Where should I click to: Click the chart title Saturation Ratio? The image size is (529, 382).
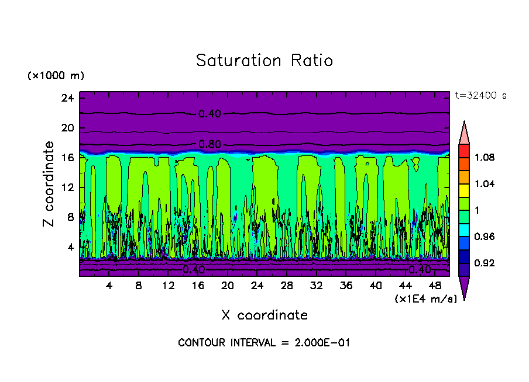click(264, 61)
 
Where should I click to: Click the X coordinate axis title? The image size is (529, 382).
click(264, 315)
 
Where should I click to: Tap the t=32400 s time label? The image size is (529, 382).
click(481, 96)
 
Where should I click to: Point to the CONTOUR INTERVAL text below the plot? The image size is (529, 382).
click(264, 343)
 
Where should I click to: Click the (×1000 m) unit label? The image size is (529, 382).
click(56, 76)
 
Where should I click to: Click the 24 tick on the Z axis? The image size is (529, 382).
click(67, 98)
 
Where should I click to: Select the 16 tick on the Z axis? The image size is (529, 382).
click(67, 158)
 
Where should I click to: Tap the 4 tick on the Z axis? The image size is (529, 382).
click(70, 247)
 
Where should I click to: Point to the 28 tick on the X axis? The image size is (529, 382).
click(287, 286)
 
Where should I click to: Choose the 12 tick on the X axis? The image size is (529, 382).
click(169, 286)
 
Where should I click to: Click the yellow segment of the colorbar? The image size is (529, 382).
click(464, 189)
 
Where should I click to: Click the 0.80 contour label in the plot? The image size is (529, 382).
click(209, 144)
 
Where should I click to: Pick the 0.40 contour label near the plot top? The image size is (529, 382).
click(209, 114)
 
